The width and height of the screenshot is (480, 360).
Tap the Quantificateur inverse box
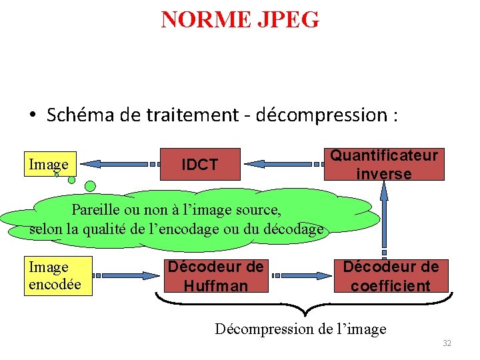tap(383, 164)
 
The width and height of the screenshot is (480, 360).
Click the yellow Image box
tap(49, 164)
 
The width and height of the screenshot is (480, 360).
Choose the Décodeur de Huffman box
tap(215, 276)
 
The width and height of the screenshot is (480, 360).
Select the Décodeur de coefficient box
tap(391, 276)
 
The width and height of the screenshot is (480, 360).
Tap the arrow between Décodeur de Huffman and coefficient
tap(304, 275)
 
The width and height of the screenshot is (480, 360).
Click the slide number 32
tap(447, 343)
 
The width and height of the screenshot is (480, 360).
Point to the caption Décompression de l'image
tap(300, 329)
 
